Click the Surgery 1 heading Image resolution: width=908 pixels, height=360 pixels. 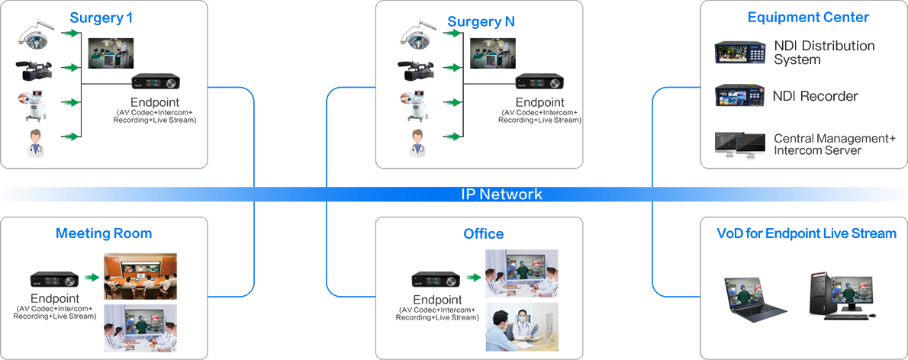click(101, 18)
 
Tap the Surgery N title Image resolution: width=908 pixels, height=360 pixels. click(481, 22)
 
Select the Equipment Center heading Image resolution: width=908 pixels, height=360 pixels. click(808, 18)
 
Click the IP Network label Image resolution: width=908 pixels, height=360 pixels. click(502, 194)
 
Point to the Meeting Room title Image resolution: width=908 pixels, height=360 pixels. click(104, 233)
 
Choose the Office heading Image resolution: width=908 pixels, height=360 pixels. click(484, 234)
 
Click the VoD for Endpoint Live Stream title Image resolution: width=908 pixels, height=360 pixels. click(807, 233)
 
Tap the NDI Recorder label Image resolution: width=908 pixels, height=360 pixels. click(816, 96)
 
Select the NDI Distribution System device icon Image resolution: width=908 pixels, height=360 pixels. click(741, 52)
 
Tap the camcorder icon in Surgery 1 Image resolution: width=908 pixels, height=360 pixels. click(34, 71)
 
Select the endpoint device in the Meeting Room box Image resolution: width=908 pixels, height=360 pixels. click(54, 280)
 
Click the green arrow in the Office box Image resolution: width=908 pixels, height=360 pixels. click(473, 278)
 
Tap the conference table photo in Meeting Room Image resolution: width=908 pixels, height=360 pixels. click(140, 276)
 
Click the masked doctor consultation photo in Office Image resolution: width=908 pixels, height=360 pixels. click(522, 327)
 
